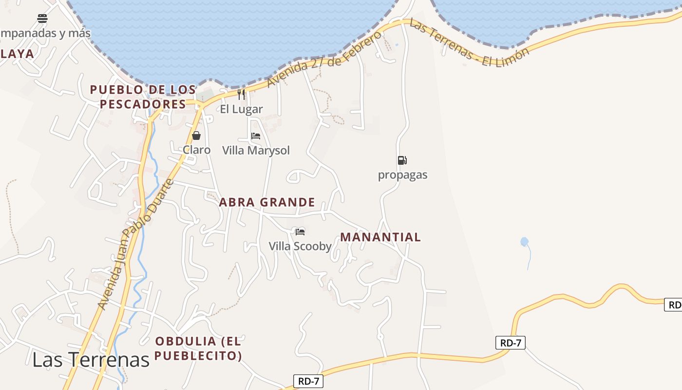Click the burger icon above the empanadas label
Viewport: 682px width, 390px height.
(42, 19)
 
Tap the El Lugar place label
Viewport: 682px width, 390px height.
(241, 109)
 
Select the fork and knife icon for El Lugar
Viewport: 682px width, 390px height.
(241, 94)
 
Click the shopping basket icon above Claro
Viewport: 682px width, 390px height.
(196, 136)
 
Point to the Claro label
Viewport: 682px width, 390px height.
(196, 150)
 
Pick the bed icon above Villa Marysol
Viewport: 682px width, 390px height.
(256, 136)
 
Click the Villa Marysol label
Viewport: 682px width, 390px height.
(256, 150)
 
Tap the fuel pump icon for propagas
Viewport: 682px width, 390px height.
(402, 160)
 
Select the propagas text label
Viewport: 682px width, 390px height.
(402, 175)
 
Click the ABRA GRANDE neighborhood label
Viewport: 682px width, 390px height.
(267, 202)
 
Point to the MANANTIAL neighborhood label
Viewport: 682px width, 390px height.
(380, 237)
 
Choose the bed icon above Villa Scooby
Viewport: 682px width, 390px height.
(300, 232)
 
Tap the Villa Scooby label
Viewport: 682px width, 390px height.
(300, 246)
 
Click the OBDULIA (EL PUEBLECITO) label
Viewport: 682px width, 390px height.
(198, 348)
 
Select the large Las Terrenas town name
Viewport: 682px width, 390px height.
(91, 359)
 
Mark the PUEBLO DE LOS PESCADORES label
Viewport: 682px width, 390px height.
(143, 97)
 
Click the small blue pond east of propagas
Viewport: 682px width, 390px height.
(524, 241)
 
